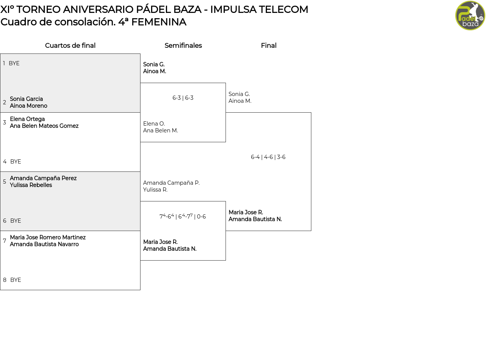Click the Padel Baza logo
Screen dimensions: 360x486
[x=470, y=16]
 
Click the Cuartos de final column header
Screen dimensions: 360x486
[x=70, y=46]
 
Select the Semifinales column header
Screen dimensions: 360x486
[x=183, y=46]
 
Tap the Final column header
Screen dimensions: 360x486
[x=268, y=46]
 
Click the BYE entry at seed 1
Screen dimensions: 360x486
[x=14, y=63]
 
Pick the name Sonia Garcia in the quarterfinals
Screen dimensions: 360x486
[x=26, y=99]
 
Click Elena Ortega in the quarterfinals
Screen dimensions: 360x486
[x=27, y=119]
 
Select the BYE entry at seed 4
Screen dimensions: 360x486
[x=16, y=162]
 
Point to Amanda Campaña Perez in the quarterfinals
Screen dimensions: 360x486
[x=43, y=178]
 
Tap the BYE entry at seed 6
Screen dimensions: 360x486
[x=16, y=221]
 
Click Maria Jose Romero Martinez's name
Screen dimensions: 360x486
[x=48, y=237]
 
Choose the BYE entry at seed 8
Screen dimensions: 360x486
[x=16, y=280]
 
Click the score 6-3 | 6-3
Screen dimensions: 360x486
[x=183, y=98]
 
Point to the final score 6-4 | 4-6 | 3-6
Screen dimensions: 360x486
[x=268, y=157]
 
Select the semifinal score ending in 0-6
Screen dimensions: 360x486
[x=183, y=217]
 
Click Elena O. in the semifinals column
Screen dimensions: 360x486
[x=154, y=124]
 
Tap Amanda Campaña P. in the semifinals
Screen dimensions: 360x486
[x=171, y=183]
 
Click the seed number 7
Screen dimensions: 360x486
[x=5, y=241]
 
